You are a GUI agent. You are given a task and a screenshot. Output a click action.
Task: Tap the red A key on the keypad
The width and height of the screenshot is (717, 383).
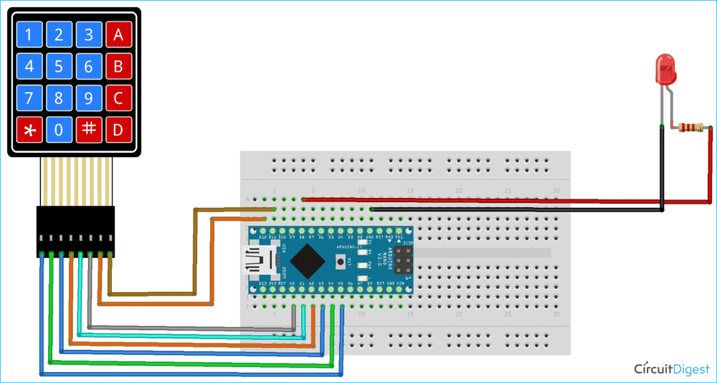tap(118, 34)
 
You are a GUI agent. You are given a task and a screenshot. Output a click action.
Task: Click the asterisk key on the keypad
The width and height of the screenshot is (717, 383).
tap(29, 129)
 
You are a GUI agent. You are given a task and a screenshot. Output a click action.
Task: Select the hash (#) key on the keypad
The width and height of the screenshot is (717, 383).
tap(88, 129)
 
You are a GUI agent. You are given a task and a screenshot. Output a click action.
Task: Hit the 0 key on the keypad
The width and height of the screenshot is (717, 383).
tap(59, 130)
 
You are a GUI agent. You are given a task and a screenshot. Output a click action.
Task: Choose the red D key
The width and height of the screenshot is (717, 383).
tap(118, 130)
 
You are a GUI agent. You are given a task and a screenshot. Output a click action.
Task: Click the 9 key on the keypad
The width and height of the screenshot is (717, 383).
tap(88, 98)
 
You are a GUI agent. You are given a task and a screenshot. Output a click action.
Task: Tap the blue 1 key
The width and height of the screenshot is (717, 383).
tap(29, 34)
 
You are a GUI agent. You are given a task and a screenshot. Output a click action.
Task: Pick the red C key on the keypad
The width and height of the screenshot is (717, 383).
tap(118, 98)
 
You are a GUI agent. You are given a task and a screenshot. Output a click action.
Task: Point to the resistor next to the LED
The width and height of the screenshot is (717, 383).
tap(690, 128)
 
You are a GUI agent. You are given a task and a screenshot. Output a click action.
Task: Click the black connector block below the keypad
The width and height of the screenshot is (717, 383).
tap(75, 232)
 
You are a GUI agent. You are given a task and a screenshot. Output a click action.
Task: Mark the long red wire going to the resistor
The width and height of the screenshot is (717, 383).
tap(502, 202)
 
